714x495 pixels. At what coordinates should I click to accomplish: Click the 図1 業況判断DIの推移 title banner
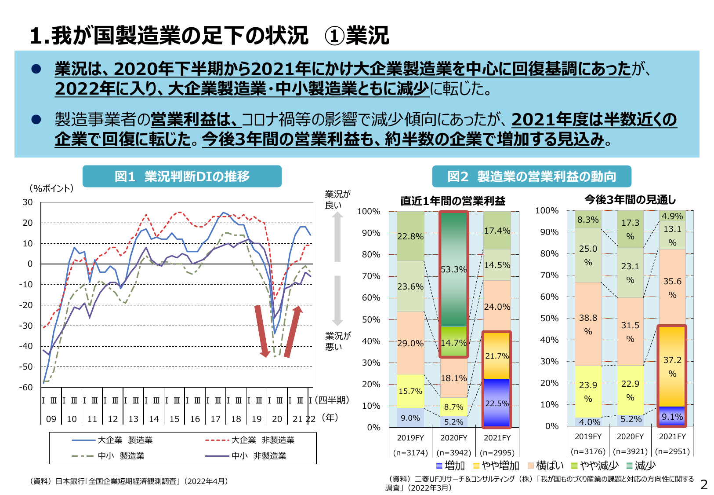[182, 176]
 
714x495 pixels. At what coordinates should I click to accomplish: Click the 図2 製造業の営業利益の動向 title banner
[531, 176]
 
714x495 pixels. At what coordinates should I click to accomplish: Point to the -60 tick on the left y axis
[27, 387]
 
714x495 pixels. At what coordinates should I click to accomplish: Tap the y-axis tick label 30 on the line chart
[27, 202]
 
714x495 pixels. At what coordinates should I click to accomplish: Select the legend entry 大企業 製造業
[112, 440]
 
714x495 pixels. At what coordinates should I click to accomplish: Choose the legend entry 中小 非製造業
[246, 456]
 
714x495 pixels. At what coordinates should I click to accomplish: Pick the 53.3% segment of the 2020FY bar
[453, 269]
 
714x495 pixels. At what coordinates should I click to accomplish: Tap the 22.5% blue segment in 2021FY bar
[497, 403]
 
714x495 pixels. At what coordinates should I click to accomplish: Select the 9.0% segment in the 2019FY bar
[410, 418]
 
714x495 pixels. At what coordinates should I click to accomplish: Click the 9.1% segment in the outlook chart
[672, 416]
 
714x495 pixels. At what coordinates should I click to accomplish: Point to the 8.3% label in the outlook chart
[587, 220]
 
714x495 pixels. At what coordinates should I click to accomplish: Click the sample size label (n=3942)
[453, 452]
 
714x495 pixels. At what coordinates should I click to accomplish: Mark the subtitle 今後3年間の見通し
[630, 200]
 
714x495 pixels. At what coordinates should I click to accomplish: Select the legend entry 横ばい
[545, 466]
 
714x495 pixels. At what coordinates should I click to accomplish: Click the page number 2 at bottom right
[704, 484]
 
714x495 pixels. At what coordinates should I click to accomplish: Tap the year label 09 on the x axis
[51, 419]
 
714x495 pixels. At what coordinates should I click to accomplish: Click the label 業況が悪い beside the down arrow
[337, 341]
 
